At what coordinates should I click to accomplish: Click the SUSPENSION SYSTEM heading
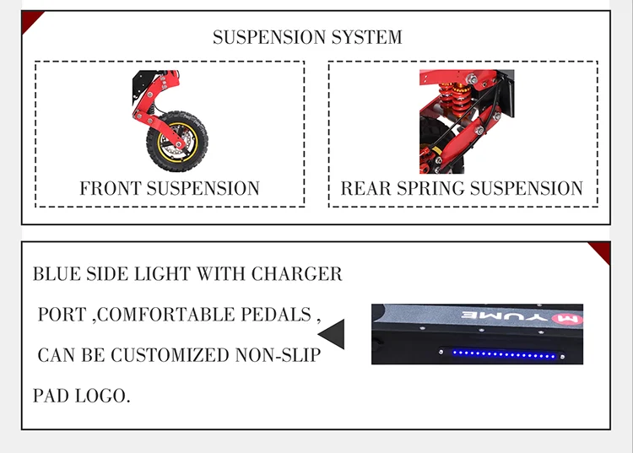coord(307,37)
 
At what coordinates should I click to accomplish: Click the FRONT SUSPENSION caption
coord(170,188)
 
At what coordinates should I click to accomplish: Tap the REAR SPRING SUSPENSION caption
coord(462,188)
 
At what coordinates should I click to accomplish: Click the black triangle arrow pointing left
coord(331,334)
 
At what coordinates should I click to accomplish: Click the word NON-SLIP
coord(283,355)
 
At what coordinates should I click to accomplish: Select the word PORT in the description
coord(62,315)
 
